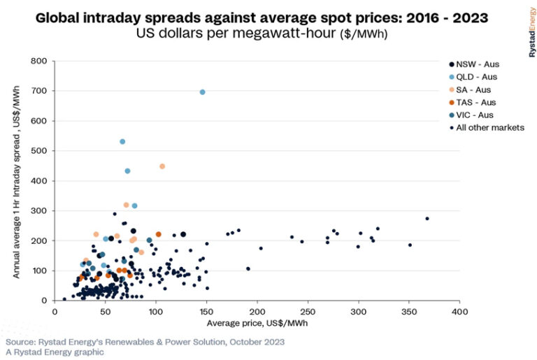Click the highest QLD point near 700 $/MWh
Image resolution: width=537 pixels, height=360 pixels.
(x=203, y=92)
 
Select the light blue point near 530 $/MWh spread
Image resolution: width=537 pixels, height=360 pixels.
(x=122, y=142)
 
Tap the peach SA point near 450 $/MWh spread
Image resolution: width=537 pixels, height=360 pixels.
(x=162, y=166)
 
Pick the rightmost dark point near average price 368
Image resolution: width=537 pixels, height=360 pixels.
(x=427, y=219)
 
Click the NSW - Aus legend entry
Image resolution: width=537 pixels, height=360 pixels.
(x=478, y=64)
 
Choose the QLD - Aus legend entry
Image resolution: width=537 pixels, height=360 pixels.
(x=478, y=77)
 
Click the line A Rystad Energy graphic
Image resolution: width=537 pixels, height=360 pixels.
(x=55, y=352)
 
